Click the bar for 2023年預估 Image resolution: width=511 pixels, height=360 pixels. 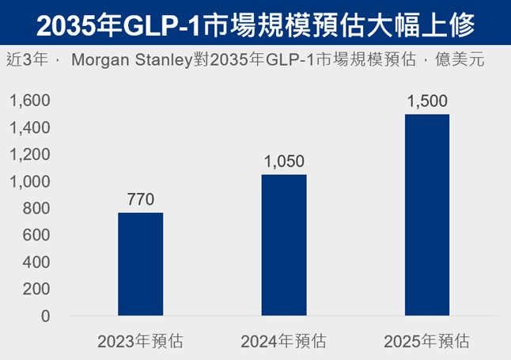140,264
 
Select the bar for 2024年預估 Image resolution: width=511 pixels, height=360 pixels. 283,245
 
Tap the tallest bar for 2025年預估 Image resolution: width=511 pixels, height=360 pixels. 427,215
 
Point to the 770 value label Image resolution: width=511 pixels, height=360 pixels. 140,199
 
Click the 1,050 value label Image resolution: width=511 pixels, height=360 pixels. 283,161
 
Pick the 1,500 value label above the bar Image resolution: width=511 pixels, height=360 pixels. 427,101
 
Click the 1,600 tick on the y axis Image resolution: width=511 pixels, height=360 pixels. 29,100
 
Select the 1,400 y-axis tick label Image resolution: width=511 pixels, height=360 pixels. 29,127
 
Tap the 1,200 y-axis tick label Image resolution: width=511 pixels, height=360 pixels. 29,154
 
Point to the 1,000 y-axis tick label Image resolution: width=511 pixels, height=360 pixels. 29,181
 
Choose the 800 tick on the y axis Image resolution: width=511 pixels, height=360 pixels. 36,208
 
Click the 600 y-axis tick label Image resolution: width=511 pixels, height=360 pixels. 36,235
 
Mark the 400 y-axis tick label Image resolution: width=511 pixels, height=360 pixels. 36,262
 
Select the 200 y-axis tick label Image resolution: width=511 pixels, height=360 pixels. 36,289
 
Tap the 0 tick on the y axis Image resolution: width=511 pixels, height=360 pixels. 44,316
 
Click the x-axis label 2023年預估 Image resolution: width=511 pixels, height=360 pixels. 140,342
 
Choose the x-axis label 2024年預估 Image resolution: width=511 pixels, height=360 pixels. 283,342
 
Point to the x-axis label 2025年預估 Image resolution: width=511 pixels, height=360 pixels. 426,342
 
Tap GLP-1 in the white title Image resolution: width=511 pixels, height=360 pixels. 176,27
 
